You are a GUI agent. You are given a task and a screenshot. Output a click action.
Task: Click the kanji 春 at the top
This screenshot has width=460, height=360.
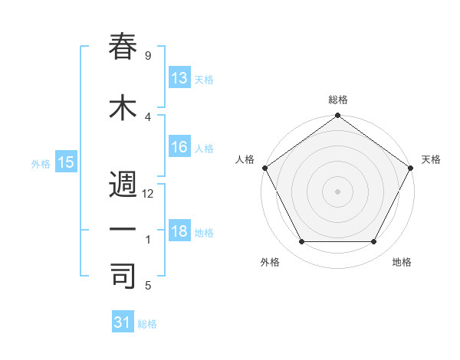pyautogui.click(x=123, y=47)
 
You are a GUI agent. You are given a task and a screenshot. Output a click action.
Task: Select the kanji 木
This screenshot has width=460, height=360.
pyautogui.click(x=123, y=110)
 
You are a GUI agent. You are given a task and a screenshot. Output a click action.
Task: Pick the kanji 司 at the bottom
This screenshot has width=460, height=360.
pyautogui.click(x=123, y=277)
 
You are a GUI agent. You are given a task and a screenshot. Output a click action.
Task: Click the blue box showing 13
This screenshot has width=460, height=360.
pyautogui.click(x=179, y=78)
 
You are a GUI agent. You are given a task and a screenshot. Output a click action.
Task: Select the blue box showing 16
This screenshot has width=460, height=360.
pyautogui.click(x=179, y=147)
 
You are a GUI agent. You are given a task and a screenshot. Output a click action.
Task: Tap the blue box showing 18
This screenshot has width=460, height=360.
pyautogui.click(x=179, y=232)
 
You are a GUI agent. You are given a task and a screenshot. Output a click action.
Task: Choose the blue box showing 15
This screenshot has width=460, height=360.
pyautogui.click(x=65, y=162)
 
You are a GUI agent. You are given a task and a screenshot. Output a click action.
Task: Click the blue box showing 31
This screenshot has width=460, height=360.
pyautogui.click(x=123, y=322)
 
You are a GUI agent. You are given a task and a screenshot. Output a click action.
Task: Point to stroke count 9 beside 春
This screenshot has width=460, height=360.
pyautogui.click(x=147, y=56)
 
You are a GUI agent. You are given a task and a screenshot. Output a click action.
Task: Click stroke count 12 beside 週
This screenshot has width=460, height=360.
pyautogui.click(x=149, y=194)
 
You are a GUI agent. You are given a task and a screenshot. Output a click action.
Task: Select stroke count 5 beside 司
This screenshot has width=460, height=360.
pyautogui.click(x=147, y=286)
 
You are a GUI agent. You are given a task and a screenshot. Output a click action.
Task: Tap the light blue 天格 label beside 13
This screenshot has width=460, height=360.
pyautogui.click(x=204, y=80)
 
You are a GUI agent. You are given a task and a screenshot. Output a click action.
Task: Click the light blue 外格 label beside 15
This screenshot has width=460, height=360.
pyautogui.click(x=41, y=163)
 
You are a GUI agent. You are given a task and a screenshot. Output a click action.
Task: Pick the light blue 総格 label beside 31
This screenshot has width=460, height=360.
pyautogui.click(x=147, y=324)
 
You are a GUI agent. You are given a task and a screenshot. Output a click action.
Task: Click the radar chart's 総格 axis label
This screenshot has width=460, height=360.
pyautogui.click(x=338, y=100)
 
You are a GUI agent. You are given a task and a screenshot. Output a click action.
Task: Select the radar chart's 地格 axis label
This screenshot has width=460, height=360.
pyautogui.click(x=402, y=263)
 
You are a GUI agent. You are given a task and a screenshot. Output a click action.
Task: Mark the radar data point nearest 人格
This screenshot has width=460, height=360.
pyautogui.click(x=264, y=168)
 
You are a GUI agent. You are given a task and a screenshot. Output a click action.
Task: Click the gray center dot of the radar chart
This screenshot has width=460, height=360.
pyautogui.click(x=338, y=191)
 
